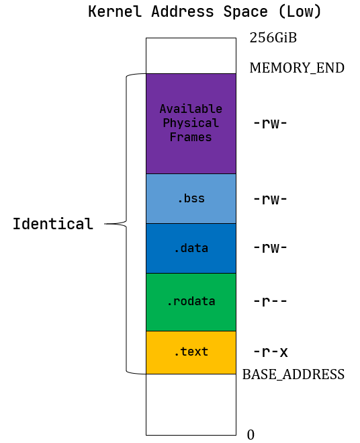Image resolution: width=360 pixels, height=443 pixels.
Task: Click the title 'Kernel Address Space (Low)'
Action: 205,11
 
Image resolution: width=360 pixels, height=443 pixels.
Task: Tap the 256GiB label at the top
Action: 273,38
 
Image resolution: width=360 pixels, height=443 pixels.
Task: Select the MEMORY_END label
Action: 296,68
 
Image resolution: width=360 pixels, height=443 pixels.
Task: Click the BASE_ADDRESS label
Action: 293,374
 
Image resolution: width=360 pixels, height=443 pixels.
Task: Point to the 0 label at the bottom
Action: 251,435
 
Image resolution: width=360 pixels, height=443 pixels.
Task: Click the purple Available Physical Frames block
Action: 191,155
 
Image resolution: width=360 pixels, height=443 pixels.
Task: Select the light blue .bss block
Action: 191,198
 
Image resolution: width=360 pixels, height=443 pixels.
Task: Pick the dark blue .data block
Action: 191,248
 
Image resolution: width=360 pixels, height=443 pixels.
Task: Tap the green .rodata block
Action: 191,301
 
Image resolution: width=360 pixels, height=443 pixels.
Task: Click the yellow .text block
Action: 191,352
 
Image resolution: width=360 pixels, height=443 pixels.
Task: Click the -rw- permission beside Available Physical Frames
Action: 270,123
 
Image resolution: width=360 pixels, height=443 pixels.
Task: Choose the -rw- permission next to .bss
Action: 270,198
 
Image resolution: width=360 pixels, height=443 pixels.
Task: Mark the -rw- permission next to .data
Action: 270,247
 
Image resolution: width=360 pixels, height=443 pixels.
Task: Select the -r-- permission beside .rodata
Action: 270,300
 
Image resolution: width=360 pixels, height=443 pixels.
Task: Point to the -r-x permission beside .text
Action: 270,352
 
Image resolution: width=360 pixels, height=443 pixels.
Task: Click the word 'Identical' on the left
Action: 52,224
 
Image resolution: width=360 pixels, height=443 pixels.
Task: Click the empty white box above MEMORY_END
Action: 191,56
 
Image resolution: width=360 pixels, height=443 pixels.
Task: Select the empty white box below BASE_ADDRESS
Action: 191,404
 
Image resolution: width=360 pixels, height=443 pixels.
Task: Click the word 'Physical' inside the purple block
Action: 191,123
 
